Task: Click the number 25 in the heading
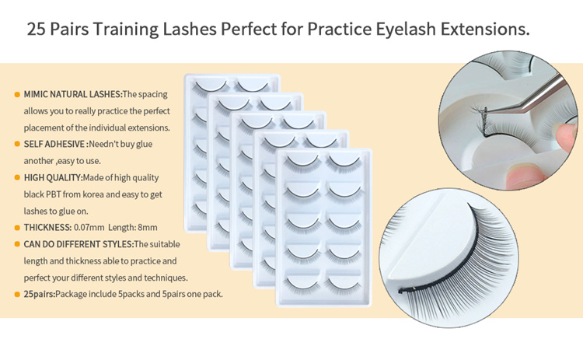point(36,29)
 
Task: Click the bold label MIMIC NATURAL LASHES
point(73,94)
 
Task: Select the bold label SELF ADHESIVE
point(54,145)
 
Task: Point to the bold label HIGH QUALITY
point(53,178)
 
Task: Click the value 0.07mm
point(89,227)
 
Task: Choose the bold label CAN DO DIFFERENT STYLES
point(79,244)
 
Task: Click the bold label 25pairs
point(40,294)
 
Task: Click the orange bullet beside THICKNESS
point(17,228)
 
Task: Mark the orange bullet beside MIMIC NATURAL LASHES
point(17,94)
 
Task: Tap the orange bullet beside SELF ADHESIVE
point(17,144)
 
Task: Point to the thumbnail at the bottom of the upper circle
point(524,176)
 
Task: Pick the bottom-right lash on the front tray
point(344,283)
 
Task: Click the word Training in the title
point(126,30)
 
